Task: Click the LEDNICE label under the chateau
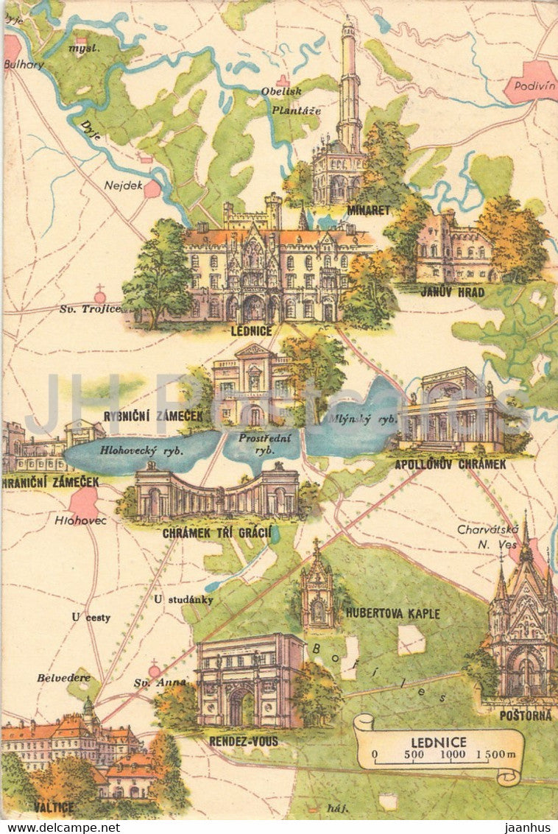pyautogui.click(x=252, y=331)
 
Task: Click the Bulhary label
pyautogui.click(x=24, y=64)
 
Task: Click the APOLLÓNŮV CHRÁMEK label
pyautogui.click(x=451, y=464)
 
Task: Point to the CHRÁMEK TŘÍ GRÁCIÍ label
pyautogui.click(x=216, y=531)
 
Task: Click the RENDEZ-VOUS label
pyautogui.click(x=244, y=741)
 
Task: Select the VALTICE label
pyautogui.click(x=53, y=807)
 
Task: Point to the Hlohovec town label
pyautogui.click(x=81, y=520)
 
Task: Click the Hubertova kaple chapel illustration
pyautogui.click(x=317, y=593)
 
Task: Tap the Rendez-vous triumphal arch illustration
pyautogui.click(x=249, y=681)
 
